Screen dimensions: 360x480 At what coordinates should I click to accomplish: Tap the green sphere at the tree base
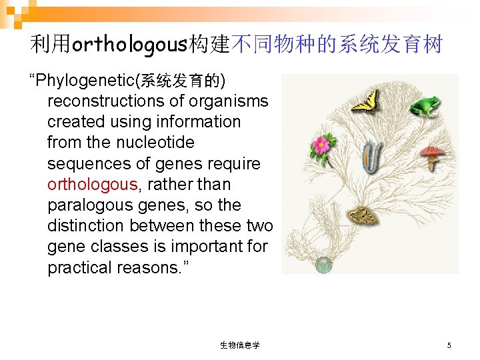click(x=323, y=265)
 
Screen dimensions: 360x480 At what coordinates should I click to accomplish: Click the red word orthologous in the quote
click(x=92, y=184)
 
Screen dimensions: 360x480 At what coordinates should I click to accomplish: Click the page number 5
click(x=449, y=345)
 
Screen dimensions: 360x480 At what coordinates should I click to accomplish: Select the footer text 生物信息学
click(x=239, y=345)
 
